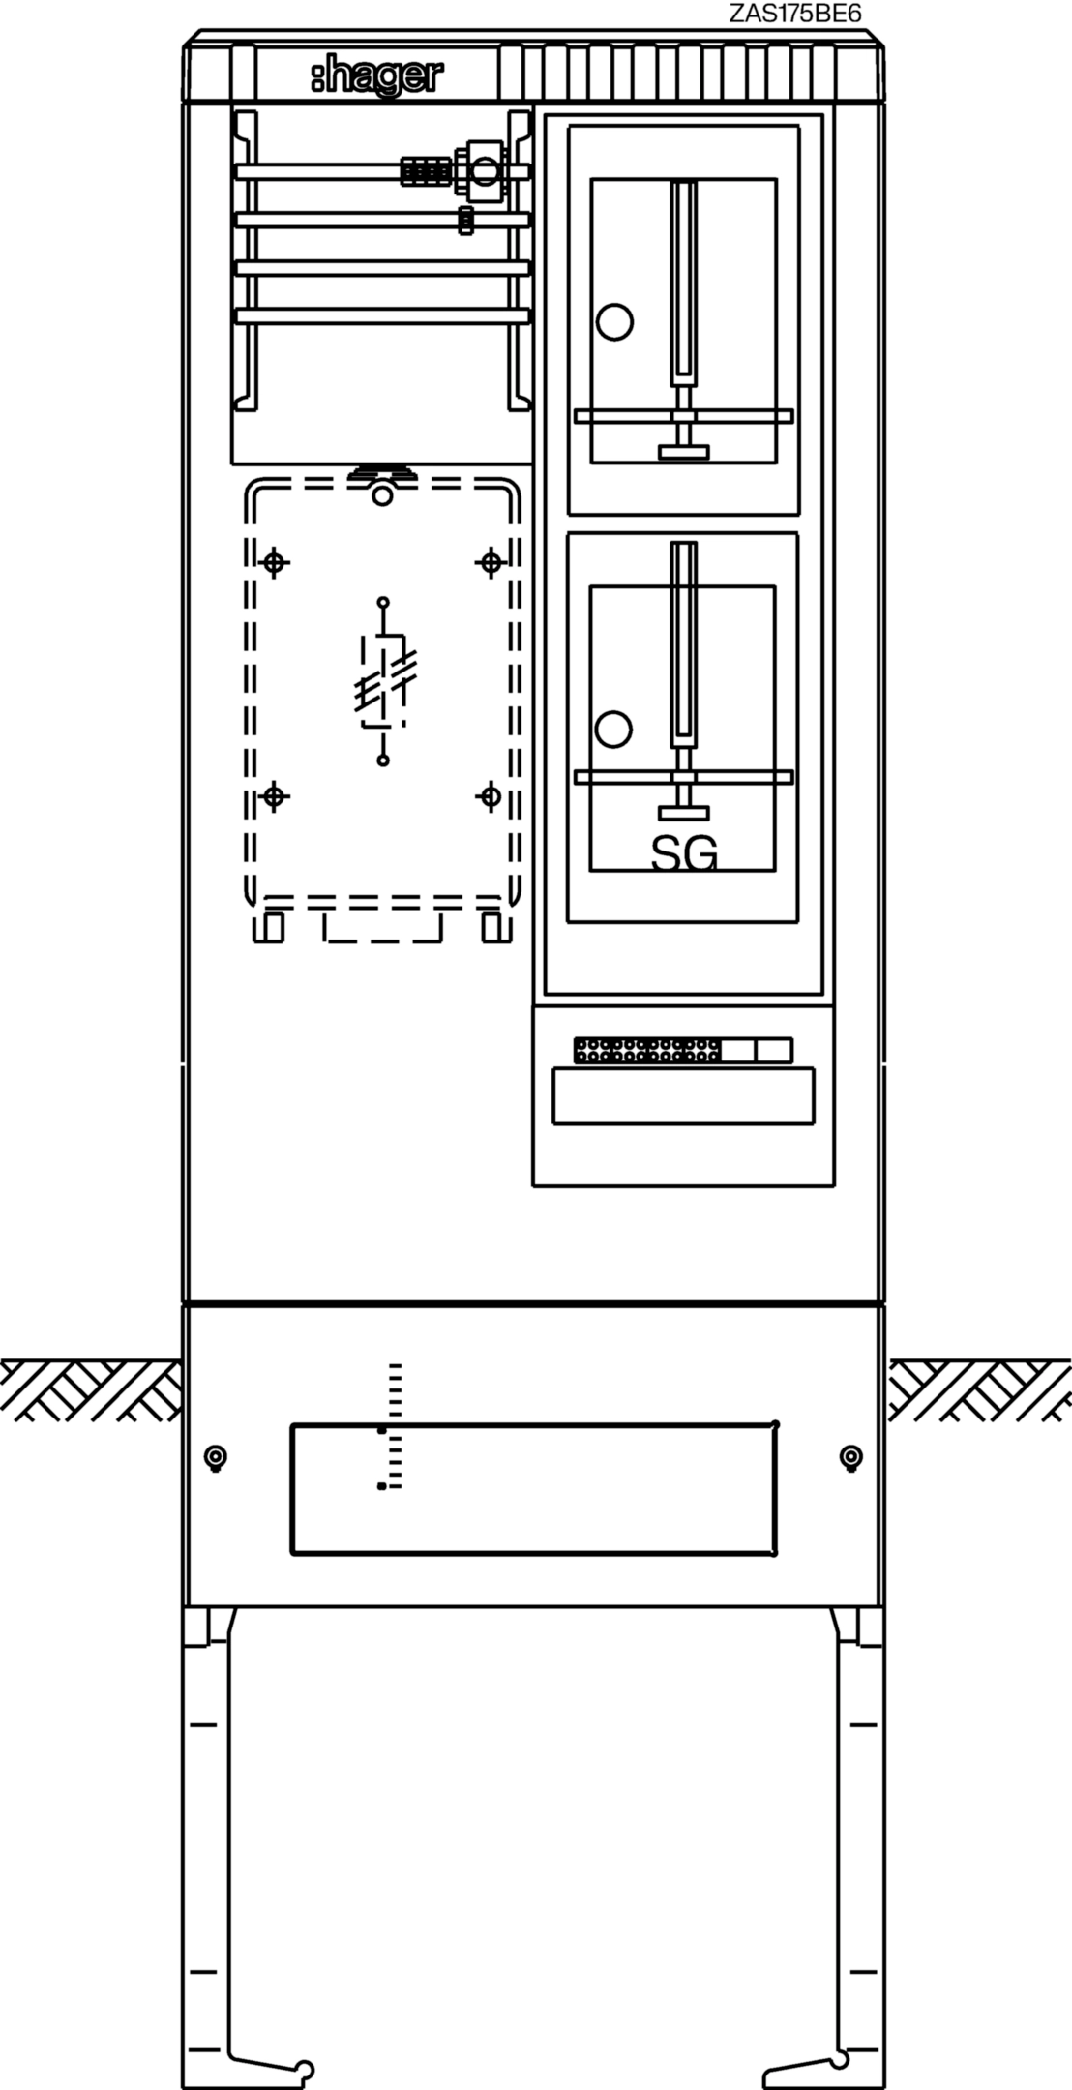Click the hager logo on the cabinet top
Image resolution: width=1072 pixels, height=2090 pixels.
(x=376, y=77)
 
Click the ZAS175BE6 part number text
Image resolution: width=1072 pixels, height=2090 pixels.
(x=795, y=13)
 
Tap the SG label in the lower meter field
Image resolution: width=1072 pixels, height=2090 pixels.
(x=684, y=852)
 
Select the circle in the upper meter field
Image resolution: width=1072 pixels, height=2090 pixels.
(x=613, y=321)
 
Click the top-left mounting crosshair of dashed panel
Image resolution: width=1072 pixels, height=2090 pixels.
(x=275, y=561)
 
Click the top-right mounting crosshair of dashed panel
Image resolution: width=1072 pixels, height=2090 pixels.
(x=491, y=561)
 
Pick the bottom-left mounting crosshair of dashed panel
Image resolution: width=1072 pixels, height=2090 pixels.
(x=275, y=796)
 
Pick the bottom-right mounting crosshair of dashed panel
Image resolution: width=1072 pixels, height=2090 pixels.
(x=491, y=796)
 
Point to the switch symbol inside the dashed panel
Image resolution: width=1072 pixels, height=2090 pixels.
(x=383, y=681)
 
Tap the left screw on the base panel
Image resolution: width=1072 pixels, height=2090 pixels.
(x=216, y=1457)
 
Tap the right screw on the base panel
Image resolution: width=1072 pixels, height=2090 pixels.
(x=851, y=1456)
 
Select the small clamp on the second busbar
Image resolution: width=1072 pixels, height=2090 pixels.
(x=466, y=221)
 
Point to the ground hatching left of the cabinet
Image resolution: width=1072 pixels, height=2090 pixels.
(x=90, y=1390)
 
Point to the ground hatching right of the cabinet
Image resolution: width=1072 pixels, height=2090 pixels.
(x=979, y=1390)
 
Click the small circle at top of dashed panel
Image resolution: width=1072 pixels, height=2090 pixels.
(x=383, y=496)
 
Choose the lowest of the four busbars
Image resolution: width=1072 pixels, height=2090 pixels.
(x=383, y=315)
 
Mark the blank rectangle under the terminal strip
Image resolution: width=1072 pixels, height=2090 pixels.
(x=683, y=1095)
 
